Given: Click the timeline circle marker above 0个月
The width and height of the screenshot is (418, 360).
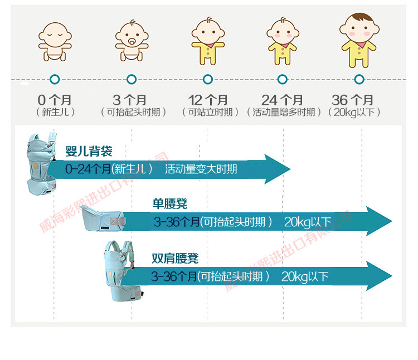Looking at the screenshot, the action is pyautogui.click(x=55, y=79).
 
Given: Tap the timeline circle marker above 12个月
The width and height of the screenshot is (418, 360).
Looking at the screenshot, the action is pyautogui.click(x=207, y=79).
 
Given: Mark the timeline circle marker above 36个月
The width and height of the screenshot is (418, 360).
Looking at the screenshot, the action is pyautogui.click(x=359, y=79).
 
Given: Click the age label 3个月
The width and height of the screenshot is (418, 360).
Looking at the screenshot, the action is pyautogui.click(x=130, y=100).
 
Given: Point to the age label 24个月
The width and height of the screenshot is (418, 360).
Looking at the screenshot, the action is pyautogui.click(x=283, y=100).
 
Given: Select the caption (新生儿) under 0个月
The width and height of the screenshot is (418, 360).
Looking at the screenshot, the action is pyautogui.click(x=55, y=112).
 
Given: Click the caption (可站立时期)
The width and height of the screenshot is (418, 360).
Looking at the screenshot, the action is pyautogui.click(x=207, y=112).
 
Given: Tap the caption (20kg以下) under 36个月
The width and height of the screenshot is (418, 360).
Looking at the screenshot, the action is pyautogui.click(x=355, y=112).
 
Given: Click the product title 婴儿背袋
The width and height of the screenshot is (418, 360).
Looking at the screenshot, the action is pyautogui.click(x=89, y=151).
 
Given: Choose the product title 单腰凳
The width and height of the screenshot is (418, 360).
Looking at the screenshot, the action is pyautogui.click(x=170, y=204).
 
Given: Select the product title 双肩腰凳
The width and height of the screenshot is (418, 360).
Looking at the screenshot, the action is pyautogui.click(x=175, y=259).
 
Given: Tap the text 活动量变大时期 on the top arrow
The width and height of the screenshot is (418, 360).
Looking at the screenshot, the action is pyautogui.click(x=201, y=169).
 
